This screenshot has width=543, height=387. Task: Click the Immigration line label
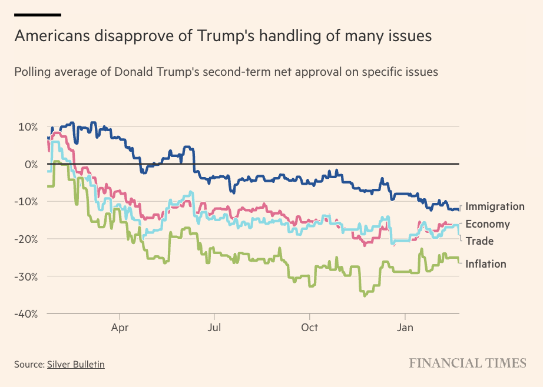[x=495, y=206]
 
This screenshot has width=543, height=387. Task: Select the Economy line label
[x=488, y=224]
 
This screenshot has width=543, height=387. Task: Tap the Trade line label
[x=479, y=241]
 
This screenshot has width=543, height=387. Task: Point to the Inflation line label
[x=486, y=264]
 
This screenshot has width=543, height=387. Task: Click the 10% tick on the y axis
[x=27, y=127]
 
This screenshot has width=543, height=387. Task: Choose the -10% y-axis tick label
[x=25, y=202]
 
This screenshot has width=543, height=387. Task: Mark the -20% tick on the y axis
[x=25, y=239]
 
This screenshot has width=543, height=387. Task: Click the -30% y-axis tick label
[x=25, y=276]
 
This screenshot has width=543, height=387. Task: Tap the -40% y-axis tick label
[x=25, y=313]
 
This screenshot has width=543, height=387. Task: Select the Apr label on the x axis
[x=120, y=327]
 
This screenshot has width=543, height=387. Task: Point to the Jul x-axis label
[x=214, y=327]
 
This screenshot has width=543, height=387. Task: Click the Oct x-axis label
[x=309, y=327]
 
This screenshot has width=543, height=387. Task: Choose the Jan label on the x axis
[x=405, y=327]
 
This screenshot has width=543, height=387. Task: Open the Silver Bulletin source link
[x=76, y=365]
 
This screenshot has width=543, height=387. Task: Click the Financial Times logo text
[x=468, y=363]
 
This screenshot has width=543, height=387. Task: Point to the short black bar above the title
[x=38, y=15]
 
